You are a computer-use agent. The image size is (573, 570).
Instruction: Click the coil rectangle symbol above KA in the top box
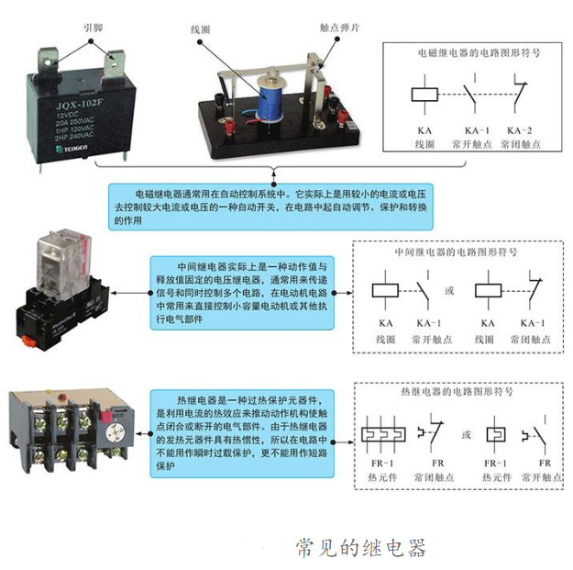pos(424,95)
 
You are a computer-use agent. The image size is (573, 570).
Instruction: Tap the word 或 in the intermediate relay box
pos(449,292)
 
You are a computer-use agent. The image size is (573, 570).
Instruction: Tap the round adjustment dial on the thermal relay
pos(116,430)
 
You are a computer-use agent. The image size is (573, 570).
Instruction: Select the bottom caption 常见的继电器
pos(360,547)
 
